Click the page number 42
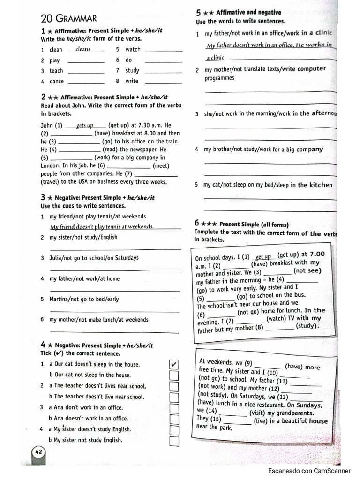(x=38, y=451)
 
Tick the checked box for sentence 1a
(x=173, y=364)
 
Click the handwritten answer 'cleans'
(x=83, y=49)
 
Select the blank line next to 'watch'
(x=164, y=50)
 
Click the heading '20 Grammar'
(x=69, y=19)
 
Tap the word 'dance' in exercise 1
(x=57, y=81)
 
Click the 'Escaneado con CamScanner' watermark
(x=309, y=471)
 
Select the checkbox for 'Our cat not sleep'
(x=173, y=375)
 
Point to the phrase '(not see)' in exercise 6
(x=307, y=270)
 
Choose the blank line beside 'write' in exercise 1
(x=164, y=82)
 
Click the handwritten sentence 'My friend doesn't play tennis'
(x=102, y=227)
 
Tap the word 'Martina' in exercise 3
(x=59, y=299)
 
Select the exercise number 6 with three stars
(x=198, y=224)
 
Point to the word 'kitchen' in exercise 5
(x=321, y=185)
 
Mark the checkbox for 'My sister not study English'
(x=174, y=441)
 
